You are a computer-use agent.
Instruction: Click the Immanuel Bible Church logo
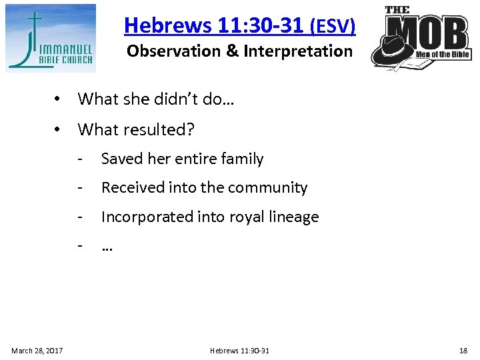tap(51, 38)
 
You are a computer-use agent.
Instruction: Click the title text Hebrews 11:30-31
tap(214, 25)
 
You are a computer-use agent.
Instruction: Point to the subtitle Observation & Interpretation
tap(239, 51)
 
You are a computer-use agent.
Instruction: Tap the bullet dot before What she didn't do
tap(59, 99)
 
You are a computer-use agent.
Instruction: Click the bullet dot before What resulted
tap(59, 129)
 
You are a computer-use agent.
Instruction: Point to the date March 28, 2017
tap(37, 351)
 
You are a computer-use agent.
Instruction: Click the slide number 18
tap(463, 351)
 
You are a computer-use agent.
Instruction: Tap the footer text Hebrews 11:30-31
tap(239, 351)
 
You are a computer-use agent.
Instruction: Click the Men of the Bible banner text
tap(443, 55)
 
